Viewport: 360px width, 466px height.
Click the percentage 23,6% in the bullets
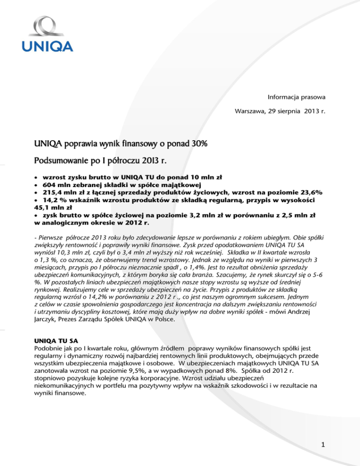click(x=319, y=194)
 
